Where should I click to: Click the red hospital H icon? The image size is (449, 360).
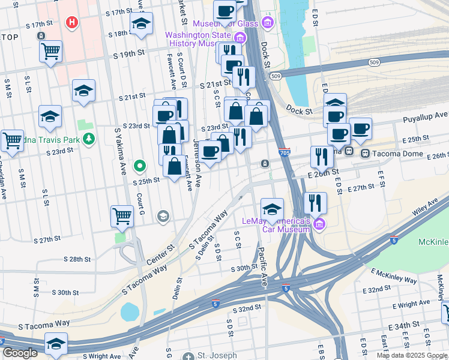tap(72, 23)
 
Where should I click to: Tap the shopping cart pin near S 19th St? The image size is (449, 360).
tap(51, 51)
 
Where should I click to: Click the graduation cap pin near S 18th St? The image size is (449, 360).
tap(141, 24)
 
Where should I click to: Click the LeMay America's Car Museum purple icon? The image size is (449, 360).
tap(319, 225)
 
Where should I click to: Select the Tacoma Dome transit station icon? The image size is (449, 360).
tap(364, 153)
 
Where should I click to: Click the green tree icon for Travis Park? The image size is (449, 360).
tap(89, 139)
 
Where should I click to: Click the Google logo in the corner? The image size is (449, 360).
tap(20, 353)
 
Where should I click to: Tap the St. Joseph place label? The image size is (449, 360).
tap(217, 355)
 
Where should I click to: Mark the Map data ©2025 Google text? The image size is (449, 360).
tap(411, 355)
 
